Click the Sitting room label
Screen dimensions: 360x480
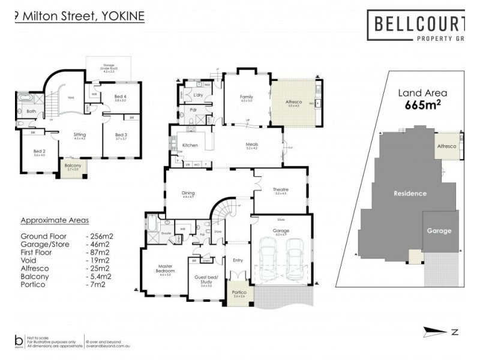click(x=80, y=134)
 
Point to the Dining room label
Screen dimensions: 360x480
click(x=188, y=193)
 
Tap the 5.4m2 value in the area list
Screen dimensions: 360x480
click(x=98, y=277)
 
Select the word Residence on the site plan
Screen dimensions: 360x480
click(x=410, y=193)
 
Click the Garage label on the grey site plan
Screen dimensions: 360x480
click(x=439, y=231)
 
